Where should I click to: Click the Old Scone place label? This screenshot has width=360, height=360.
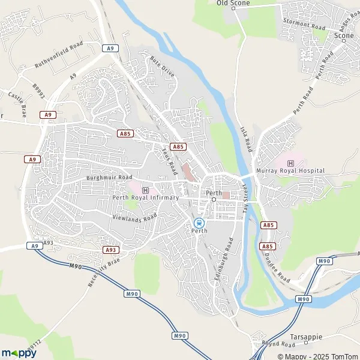[x=233, y=3]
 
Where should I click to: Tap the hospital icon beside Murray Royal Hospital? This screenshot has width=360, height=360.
[x=291, y=163]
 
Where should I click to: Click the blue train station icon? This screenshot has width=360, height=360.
[x=199, y=222]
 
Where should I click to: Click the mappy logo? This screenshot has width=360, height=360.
[x=19, y=353]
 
